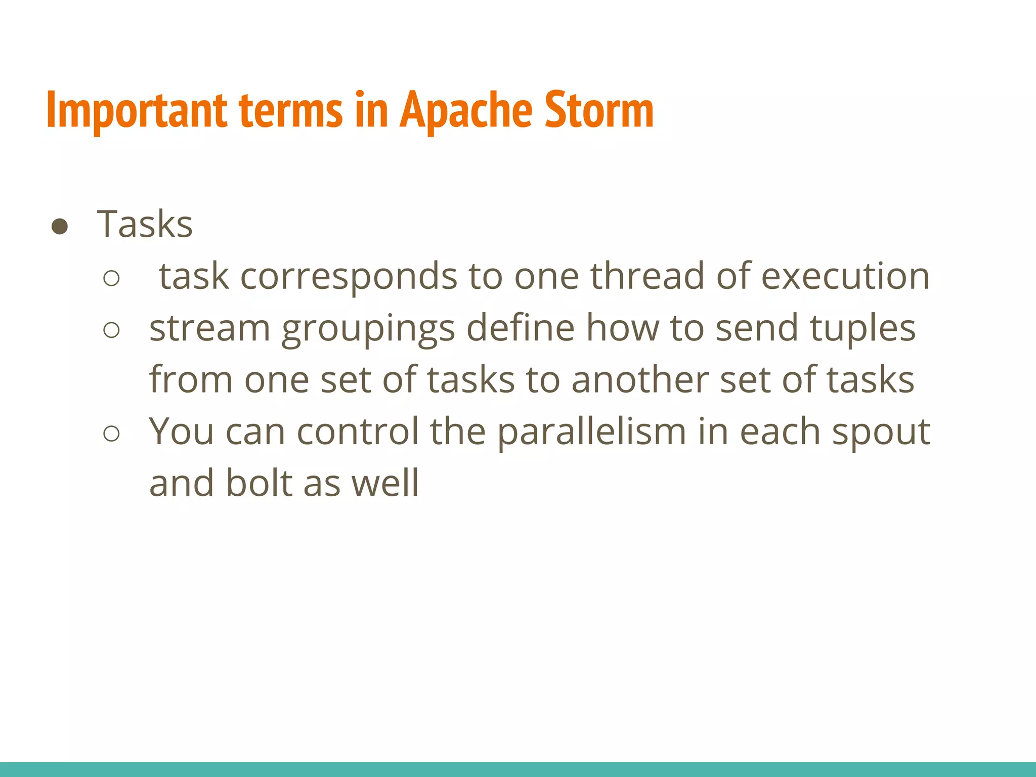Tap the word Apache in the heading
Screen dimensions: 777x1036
[465, 110]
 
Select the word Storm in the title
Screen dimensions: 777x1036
[599, 110]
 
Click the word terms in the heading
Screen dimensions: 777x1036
[290, 110]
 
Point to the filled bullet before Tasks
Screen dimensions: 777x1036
[60, 227]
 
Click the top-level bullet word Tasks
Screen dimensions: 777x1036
[145, 224]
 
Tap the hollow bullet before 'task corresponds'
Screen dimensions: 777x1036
[111, 278]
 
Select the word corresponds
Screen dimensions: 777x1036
[349, 277]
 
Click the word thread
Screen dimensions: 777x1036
[647, 276]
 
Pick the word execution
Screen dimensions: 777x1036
[845, 276]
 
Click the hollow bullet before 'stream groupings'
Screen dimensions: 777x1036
[111, 330]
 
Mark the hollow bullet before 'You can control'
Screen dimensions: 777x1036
[111, 434]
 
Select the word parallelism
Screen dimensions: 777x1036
[592, 433]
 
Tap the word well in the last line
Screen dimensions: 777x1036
[385, 483]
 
